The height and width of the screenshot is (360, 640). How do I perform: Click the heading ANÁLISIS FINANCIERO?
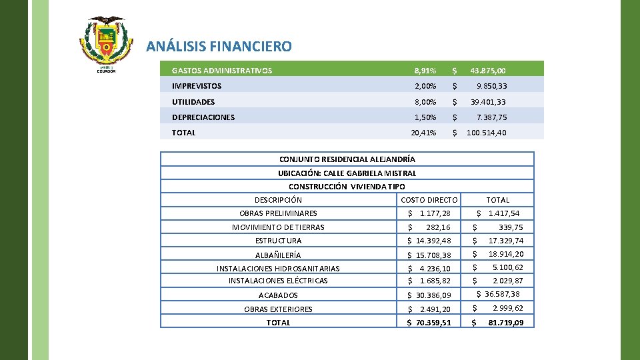coord(219,47)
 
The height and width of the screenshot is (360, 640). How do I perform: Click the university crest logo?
coord(106,41)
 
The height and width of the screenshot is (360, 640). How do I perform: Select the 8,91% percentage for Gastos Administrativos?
coord(425,71)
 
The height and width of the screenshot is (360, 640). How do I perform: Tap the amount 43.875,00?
coord(487,71)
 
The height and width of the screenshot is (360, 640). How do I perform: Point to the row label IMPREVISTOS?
coord(197,86)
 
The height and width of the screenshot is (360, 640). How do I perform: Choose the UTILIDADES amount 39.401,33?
coord(488,102)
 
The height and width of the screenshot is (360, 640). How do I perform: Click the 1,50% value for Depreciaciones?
coord(425,117)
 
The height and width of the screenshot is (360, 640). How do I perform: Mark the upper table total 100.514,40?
coord(486,133)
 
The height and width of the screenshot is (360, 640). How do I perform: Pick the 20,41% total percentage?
coord(423,133)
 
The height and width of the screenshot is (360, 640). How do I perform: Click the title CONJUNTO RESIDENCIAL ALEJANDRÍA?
coord(347,159)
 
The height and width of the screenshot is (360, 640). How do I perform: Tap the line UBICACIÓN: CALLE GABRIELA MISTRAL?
coord(347,173)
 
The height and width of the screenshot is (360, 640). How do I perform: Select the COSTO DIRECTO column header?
coord(429,200)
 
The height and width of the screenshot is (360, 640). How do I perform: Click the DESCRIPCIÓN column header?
coord(278,200)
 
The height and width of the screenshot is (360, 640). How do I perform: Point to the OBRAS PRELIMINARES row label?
coord(278,213)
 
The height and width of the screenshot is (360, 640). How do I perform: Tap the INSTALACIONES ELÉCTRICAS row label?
coord(278,281)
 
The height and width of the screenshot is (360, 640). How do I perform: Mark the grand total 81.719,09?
coord(506,323)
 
